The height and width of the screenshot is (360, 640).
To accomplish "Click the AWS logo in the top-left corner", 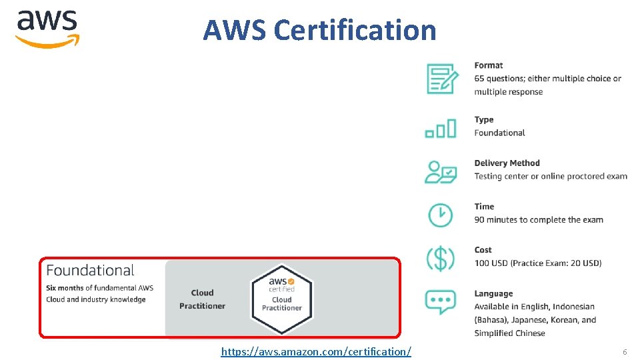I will [x=47, y=29].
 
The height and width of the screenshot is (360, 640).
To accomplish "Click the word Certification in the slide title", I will [x=355, y=30].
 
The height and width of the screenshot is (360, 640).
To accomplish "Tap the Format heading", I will [x=489, y=65].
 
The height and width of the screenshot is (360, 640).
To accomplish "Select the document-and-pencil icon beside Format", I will [x=442, y=79].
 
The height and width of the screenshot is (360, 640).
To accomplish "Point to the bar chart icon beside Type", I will [x=441, y=128].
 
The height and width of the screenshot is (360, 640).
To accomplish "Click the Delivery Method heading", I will [x=507, y=163].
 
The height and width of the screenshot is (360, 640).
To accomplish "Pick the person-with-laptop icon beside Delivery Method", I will [x=441, y=171].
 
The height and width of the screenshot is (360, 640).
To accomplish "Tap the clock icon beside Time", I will [x=440, y=215].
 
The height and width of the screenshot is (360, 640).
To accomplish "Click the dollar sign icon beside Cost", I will [x=440, y=258].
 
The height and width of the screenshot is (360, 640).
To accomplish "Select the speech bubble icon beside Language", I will [x=440, y=302].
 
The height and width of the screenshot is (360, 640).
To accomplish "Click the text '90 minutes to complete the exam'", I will [x=539, y=220].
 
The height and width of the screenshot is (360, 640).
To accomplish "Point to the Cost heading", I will [x=483, y=250].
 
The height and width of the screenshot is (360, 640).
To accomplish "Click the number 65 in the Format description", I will [x=480, y=79].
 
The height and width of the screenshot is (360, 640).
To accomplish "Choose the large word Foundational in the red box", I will [x=90, y=270].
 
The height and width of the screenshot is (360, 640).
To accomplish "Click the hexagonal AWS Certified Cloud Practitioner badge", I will [x=281, y=298].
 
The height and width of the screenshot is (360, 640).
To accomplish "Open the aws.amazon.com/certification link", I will [x=316, y=351].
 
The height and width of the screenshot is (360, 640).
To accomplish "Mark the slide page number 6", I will [x=625, y=351].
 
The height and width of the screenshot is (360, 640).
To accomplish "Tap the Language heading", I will [x=493, y=293].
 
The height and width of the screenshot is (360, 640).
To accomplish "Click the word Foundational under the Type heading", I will [x=499, y=133].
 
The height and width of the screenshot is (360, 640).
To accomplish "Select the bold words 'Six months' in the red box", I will [x=65, y=288].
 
